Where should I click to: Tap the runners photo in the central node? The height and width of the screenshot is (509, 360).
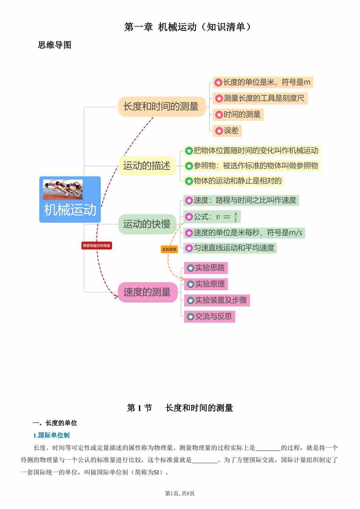63,189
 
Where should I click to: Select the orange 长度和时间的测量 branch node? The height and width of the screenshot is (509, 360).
161,107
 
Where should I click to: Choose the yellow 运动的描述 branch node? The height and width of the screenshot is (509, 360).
147,166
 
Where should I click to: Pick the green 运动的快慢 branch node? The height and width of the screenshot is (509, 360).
147,224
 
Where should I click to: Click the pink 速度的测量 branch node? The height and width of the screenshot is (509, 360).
147,292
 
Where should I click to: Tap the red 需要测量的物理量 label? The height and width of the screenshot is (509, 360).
97,245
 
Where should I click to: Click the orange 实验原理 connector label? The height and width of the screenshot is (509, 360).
169,249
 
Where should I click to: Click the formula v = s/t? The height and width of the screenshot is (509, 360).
226,217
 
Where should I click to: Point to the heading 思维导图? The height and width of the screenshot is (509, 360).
54,45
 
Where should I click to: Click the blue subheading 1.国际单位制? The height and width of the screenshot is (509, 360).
51,435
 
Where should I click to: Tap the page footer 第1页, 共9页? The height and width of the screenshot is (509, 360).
180,493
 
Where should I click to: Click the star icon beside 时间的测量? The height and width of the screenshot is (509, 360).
219,115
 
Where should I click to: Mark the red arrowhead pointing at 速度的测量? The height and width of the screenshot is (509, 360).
115,296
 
